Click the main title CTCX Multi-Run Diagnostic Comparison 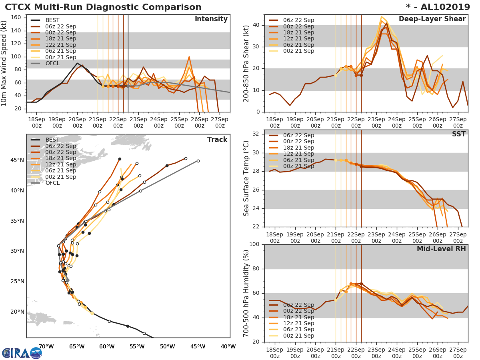click(103, 7)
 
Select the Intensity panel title click(211, 19)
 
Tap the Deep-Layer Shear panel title click(432, 19)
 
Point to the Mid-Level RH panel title click(441, 249)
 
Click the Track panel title click(217, 140)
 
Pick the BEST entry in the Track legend click(52, 140)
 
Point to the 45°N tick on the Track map click(17, 160)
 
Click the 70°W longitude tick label click(46, 346)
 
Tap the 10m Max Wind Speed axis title click(5, 64)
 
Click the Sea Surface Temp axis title click(246, 178)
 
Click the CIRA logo click(22, 353)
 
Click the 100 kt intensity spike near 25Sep click(189, 57)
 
